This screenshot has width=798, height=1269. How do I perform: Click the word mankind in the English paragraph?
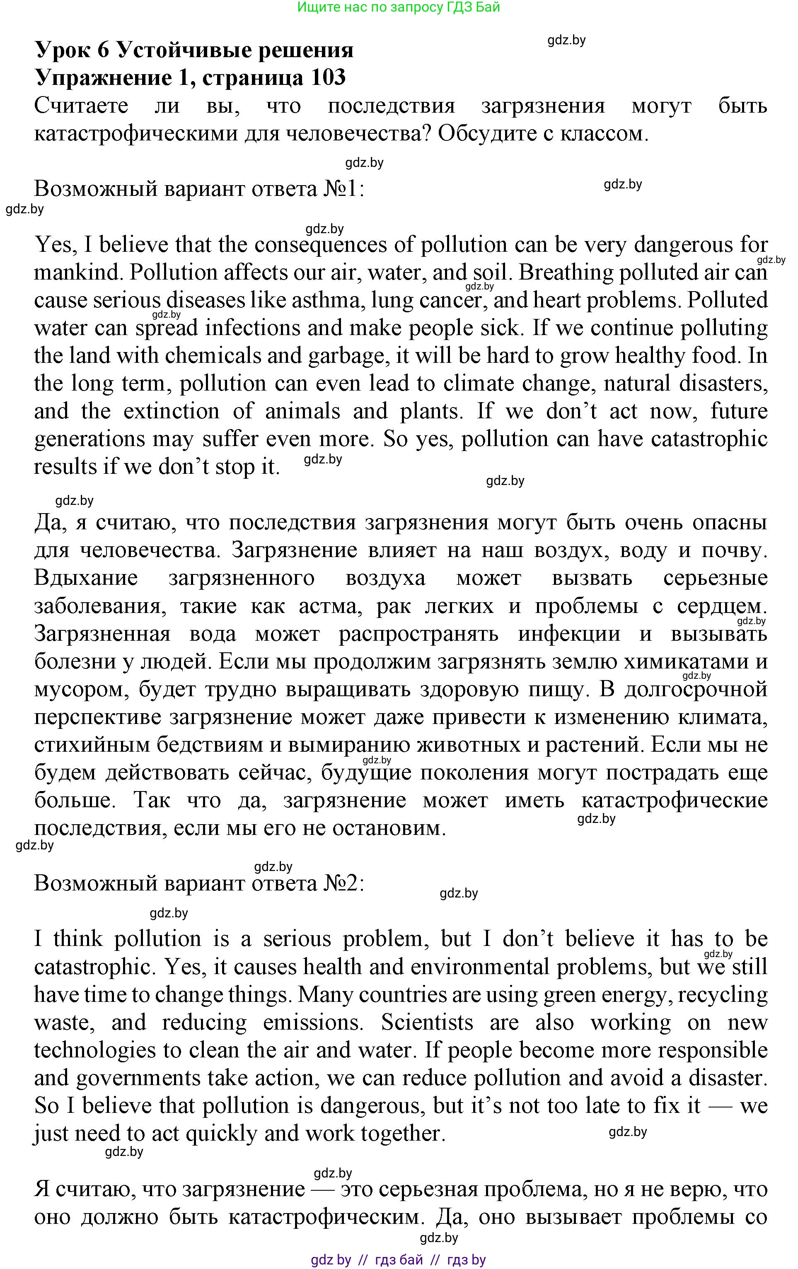click(x=78, y=273)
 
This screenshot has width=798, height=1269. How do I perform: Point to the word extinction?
click(x=171, y=411)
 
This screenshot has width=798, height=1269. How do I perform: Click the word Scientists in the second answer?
click(x=427, y=1023)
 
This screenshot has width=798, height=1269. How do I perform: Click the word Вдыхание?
click(x=86, y=578)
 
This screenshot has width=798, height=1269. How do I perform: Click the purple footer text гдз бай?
click(x=399, y=1259)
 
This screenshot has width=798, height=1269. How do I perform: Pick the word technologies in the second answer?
click(x=95, y=1050)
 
